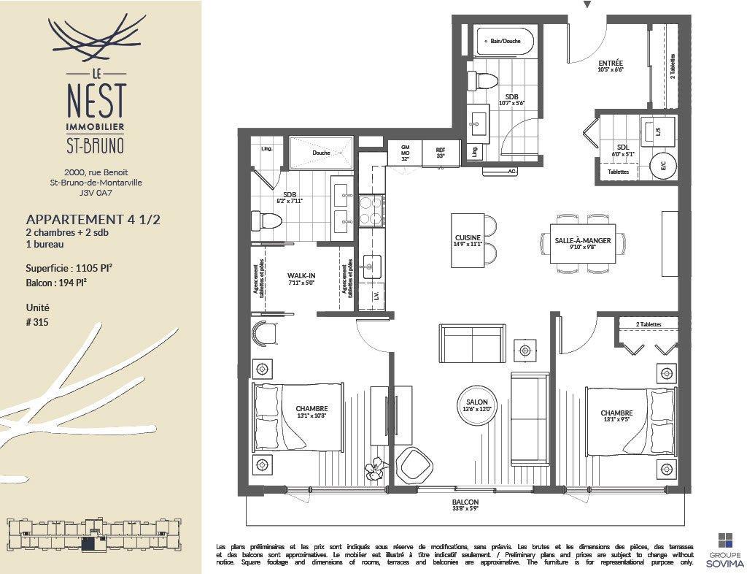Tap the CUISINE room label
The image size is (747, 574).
pyautogui.click(x=467, y=237)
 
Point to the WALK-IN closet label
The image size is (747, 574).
pyautogui.click(x=301, y=275)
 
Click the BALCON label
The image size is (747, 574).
pyautogui.click(x=465, y=502)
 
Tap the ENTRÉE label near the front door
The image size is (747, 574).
pyautogui.click(x=610, y=64)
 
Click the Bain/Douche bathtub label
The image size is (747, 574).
pyautogui.click(x=506, y=41)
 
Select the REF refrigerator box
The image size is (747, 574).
pyautogui.click(x=441, y=152)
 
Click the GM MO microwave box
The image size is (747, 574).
pyautogui.click(x=406, y=152)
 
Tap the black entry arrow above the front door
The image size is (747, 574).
pyautogui.click(x=587, y=4)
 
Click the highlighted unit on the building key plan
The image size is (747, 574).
pyautogui.click(x=88, y=543)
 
